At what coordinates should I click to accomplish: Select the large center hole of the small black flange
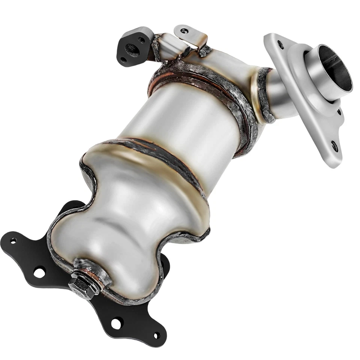point(131,48)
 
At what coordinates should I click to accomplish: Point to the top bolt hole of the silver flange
point(280,45)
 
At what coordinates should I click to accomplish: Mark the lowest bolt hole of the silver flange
point(334,147)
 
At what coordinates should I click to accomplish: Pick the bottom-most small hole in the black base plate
point(157,335)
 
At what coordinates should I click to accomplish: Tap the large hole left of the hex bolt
point(39,271)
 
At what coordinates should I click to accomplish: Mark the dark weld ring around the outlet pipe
point(262,94)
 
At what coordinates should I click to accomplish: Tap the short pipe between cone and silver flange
point(279,94)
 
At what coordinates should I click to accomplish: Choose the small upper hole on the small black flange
point(141,39)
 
